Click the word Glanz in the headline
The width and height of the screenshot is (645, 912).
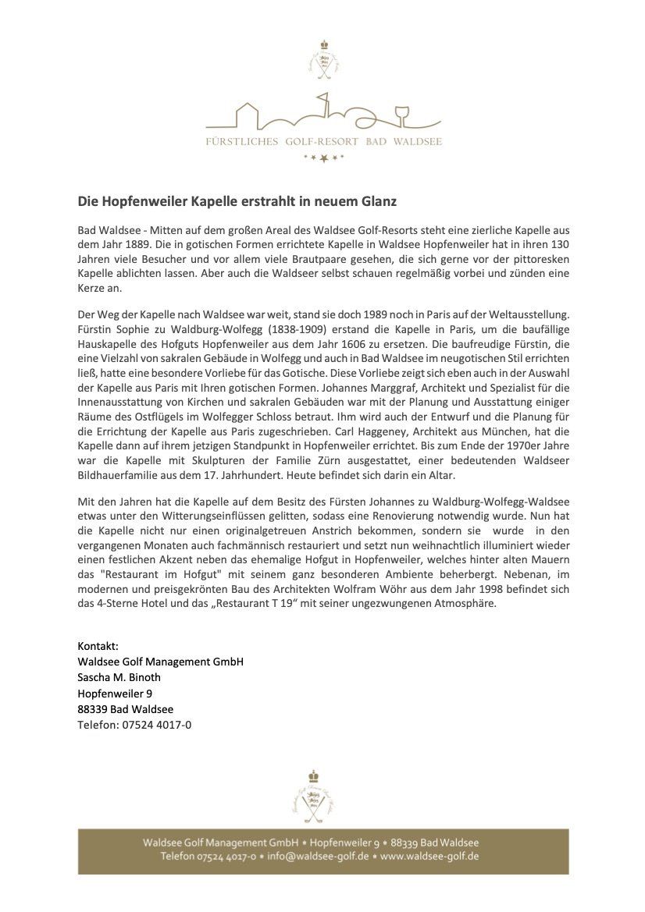pyautogui.click(x=378, y=201)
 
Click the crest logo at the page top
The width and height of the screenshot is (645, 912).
pyautogui.click(x=323, y=59)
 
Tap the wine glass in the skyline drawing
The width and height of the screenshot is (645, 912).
pyautogui.click(x=403, y=112)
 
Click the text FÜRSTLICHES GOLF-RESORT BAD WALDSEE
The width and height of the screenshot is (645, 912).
pyautogui.click(x=323, y=142)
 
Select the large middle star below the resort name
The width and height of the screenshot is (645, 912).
pyautogui.click(x=323, y=159)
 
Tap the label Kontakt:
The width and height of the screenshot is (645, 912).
pyautogui.click(x=98, y=647)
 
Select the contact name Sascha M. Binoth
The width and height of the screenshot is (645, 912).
pyautogui.click(x=119, y=677)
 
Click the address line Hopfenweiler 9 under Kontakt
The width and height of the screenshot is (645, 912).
pyautogui.click(x=115, y=693)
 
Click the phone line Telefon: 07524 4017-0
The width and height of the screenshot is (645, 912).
pyautogui.click(x=134, y=725)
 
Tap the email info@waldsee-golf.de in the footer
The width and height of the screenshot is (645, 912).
pyautogui.click(x=318, y=857)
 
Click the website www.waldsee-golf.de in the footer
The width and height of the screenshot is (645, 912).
pyautogui.click(x=429, y=857)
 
